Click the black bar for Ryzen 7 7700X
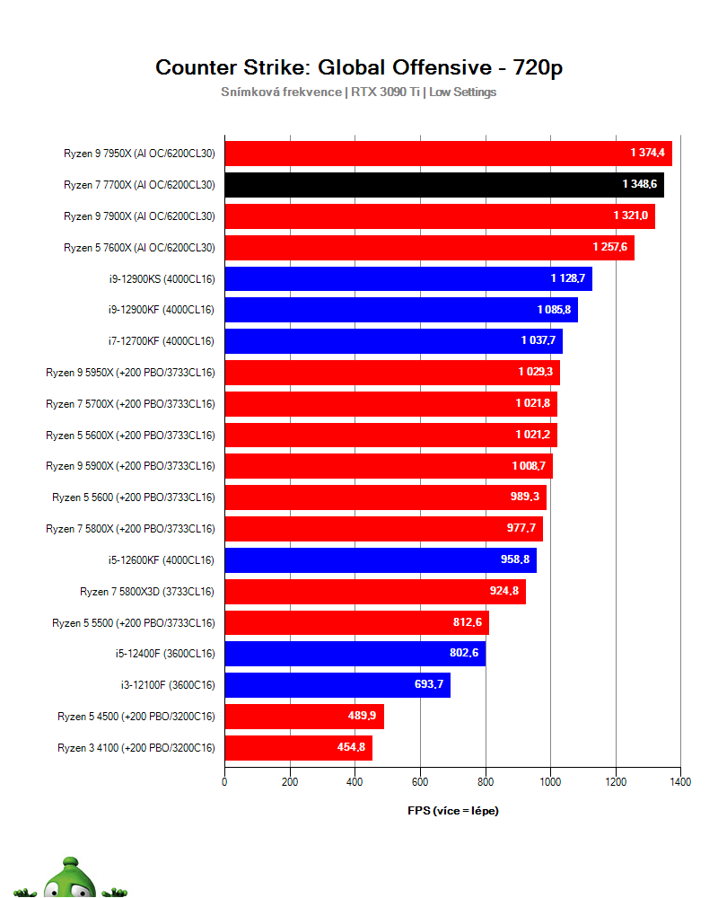(443, 185)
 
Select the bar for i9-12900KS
(407, 278)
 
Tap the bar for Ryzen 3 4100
(298, 747)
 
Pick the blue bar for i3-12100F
(337, 685)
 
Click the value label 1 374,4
(647, 154)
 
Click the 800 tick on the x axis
(485, 782)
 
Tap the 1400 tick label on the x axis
(679, 782)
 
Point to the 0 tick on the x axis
(224, 782)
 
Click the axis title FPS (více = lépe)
(452, 811)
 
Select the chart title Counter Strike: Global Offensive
(359, 67)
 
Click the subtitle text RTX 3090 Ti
(383, 92)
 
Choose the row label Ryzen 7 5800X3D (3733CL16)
(147, 591)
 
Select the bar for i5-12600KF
(380, 559)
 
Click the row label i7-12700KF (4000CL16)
(161, 341)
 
